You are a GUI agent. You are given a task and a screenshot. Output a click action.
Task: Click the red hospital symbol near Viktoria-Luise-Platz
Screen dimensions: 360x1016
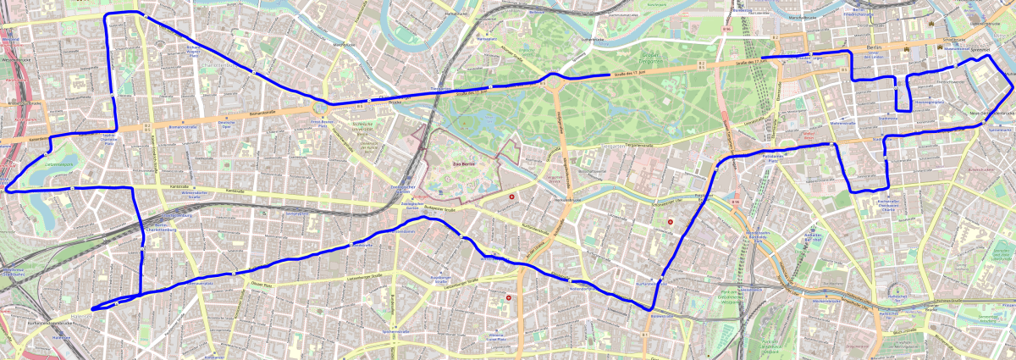(x=508, y=297)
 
